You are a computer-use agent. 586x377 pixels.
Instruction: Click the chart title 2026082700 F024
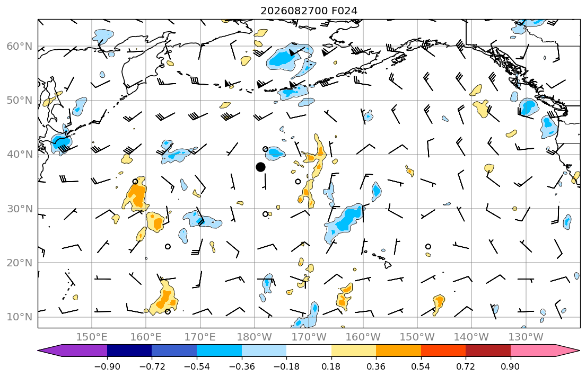coord(309,11)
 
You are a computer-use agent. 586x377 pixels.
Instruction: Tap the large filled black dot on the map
coord(260,167)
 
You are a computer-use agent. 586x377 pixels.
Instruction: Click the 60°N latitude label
coord(20,46)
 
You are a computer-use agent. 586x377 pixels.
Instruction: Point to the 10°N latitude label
coord(20,317)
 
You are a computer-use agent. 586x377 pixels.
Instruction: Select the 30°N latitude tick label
coord(20,209)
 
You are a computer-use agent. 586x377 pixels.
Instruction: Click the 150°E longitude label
coord(92,337)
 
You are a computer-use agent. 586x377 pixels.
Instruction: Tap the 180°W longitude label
coord(255,337)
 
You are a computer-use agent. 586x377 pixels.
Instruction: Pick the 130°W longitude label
coord(526,337)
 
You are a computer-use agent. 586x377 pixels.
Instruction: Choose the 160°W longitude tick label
coord(363,337)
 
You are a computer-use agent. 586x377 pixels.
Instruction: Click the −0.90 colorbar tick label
coord(107,366)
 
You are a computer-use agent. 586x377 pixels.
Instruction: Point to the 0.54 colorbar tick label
coord(421,366)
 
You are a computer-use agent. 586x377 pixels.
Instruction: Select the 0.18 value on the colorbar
coord(331,366)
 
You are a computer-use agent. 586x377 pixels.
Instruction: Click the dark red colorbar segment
coord(488,351)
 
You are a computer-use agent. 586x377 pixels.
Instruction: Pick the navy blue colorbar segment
coord(129,351)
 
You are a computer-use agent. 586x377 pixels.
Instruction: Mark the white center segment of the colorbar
coord(309,351)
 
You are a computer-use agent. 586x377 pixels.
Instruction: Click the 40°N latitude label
coord(20,155)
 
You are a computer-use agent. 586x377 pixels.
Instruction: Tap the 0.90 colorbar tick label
coord(511,366)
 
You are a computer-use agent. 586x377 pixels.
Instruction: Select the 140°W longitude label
coord(471,337)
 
